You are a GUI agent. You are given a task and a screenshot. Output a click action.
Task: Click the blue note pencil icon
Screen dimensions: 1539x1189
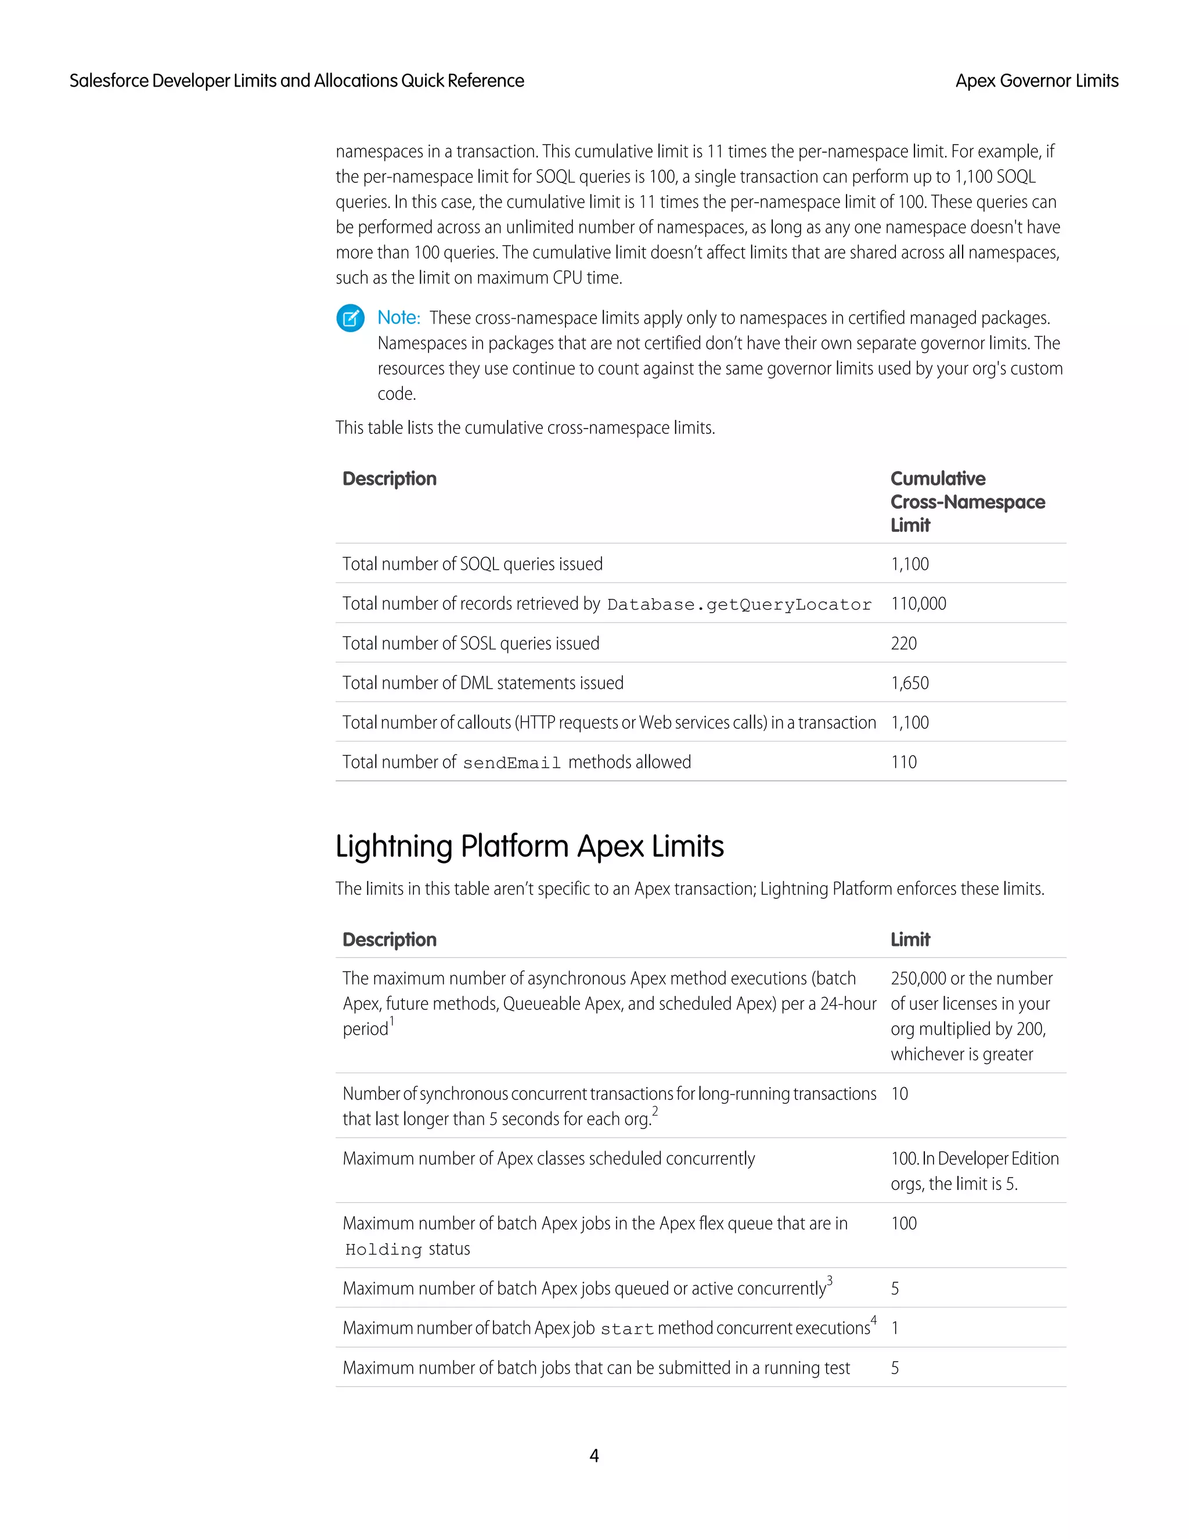click(350, 318)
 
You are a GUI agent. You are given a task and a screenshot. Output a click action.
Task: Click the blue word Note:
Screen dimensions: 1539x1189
click(399, 318)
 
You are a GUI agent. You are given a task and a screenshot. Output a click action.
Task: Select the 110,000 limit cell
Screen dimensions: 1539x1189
click(918, 604)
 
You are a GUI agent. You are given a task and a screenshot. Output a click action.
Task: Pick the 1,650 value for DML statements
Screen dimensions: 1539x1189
click(909, 683)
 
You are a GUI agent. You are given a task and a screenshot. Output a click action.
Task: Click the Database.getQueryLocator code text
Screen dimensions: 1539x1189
click(739, 605)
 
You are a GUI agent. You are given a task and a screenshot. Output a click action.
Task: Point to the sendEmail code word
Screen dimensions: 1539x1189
click(511, 763)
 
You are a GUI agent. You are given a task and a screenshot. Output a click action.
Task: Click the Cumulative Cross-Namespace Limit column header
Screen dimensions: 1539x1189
click(967, 502)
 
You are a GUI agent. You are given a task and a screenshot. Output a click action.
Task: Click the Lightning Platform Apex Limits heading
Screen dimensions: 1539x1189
click(529, 846)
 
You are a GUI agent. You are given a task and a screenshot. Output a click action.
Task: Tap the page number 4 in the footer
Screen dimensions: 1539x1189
click(594, 1456)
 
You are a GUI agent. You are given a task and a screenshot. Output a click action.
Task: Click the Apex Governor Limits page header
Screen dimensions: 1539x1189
click(1036, 81)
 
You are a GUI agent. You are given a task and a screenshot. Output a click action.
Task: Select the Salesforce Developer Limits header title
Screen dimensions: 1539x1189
click(297, 81)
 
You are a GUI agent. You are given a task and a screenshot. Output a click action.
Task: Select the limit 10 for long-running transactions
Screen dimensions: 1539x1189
click(899, 1094)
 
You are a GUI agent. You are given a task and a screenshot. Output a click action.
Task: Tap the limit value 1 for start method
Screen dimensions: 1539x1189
click(895, 1328)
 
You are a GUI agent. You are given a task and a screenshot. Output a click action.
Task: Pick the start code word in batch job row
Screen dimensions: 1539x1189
click(627, 1329)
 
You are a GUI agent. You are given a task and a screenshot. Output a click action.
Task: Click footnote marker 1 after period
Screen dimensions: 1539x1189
click(392, 1021)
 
